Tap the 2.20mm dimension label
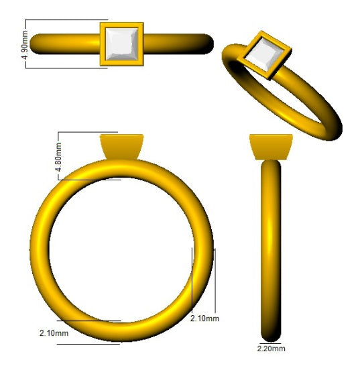point(271,349)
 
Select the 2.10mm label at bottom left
point(54,332)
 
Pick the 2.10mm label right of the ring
point(204,318)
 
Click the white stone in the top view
point(121,45)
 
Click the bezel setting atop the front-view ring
point(121,147)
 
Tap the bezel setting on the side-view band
point(271,147)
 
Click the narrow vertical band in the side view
point(270,248)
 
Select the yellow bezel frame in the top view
point(103,44)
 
